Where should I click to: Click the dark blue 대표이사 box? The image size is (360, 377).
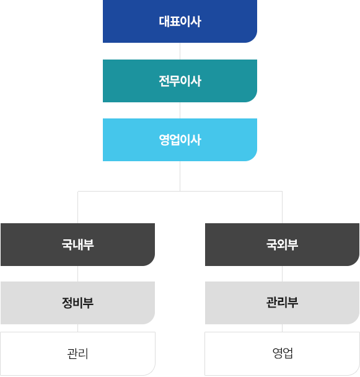point(180,21)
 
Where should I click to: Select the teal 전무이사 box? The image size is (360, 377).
point(180,81)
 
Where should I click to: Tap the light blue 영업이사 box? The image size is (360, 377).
point(180,140)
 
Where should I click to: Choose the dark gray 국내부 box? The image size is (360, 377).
point(77,244)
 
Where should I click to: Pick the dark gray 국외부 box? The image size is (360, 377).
point(282,244)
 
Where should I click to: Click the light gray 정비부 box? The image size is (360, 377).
point(77,303)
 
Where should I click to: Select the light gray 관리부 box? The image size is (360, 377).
point(282,303)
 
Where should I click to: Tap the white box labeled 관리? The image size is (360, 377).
point(77,353)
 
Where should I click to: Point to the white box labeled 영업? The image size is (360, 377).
point(282,353)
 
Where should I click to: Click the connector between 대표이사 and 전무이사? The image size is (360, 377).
point(180,51)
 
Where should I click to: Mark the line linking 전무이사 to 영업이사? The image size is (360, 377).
point(180,110)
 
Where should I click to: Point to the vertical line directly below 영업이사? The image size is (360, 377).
point(180,176)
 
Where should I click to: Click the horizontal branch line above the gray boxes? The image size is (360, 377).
point(180,192)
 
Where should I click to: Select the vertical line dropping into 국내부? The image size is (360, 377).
point(78,207)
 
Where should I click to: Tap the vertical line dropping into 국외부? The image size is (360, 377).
point(282,207)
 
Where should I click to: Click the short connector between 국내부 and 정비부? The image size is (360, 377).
point(78,273)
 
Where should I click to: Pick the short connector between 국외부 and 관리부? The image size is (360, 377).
point(282,273)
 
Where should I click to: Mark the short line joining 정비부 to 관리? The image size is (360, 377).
point(78,328)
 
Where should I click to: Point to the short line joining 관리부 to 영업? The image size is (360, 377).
point(282,328)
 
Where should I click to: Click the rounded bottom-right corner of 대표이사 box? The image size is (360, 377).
point(254,40)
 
